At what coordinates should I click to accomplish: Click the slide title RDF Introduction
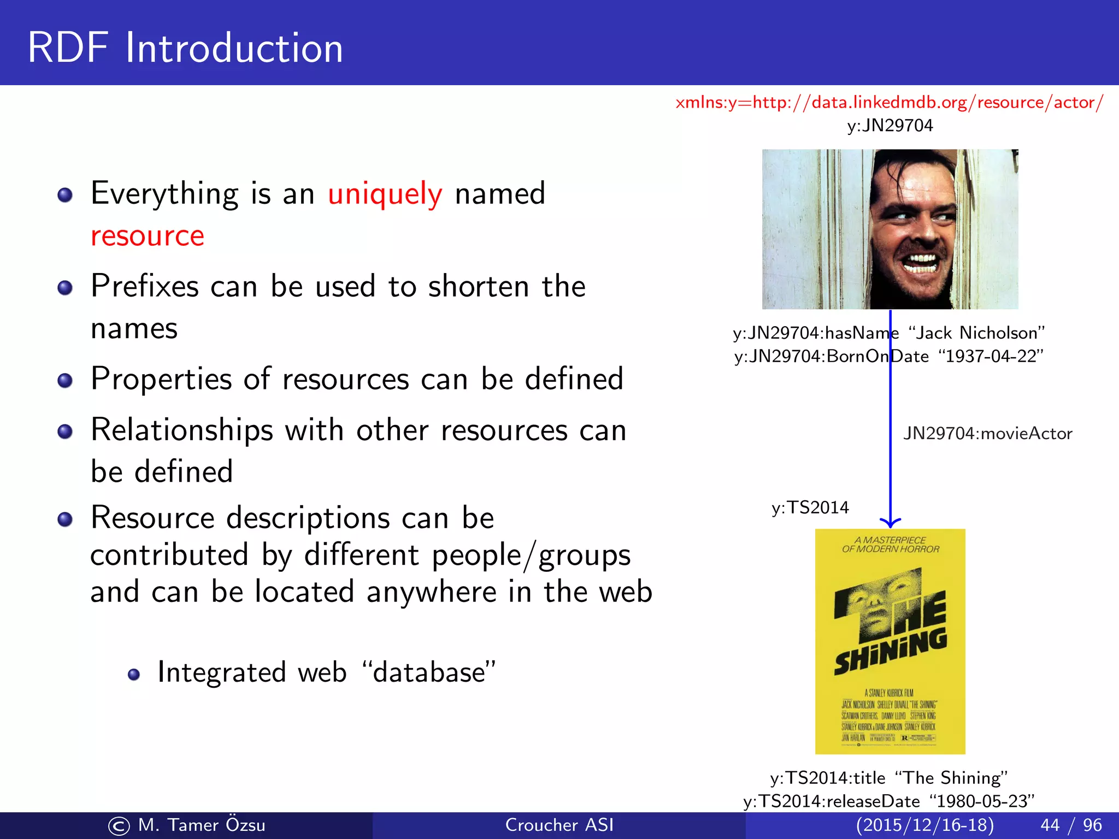(x=185, y=48)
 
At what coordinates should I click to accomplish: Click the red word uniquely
(x=385, y=194)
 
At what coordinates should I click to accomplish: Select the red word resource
(x=148, y=236)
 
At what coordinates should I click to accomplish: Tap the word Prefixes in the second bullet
(x=145, y=286)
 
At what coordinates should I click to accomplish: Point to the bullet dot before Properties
(x=65, y=381)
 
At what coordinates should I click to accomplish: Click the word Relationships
(x=182, y=430)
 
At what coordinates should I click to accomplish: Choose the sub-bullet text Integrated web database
(x=326, y=672)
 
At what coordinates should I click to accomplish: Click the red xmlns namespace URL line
(x=889, y=102)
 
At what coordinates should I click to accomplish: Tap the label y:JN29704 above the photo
(x=890, y=126)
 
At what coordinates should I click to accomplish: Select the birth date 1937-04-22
(x=991, y=356)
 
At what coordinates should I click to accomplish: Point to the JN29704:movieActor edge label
(x=987, y=434)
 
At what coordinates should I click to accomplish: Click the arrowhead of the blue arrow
(x=890, y=523)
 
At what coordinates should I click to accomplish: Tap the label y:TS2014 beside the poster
(x=810, y=507)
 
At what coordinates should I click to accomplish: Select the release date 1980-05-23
(x=982, y=801)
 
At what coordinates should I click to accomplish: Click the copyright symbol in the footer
(x=119, y=826)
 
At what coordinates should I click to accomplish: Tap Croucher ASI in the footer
(x=559, y=825)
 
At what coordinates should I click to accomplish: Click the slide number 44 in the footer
(x=1050, y=825)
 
